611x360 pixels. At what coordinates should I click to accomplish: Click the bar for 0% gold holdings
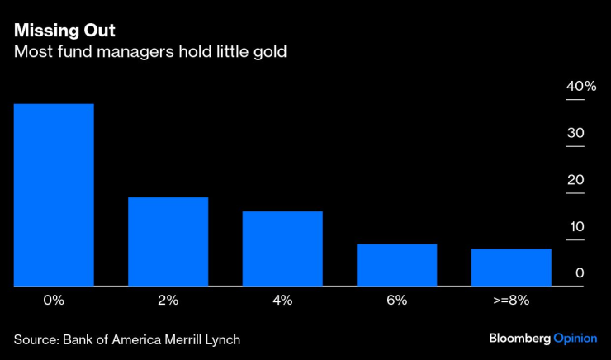tap(54, 195)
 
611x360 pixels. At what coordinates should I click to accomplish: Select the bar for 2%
tap(168, 241)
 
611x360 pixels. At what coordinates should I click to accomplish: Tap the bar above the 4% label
tap(282, 249)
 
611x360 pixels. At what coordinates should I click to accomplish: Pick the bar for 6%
tap(396, 265)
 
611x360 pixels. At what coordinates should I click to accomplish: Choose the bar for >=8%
tap(511, 267)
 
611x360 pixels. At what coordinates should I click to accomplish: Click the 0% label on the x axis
tap(54, 301)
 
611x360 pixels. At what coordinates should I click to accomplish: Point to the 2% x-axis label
tap(168, 301)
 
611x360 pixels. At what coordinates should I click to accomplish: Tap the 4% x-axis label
tap(282, 301)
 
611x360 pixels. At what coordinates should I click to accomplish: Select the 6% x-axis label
tap(396, 301)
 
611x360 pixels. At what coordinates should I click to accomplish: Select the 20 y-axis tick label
tap(576, 180)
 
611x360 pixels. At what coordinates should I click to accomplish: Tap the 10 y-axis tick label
tap(576, 226)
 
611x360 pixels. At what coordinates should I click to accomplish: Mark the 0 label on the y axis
tap(580, 273)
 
